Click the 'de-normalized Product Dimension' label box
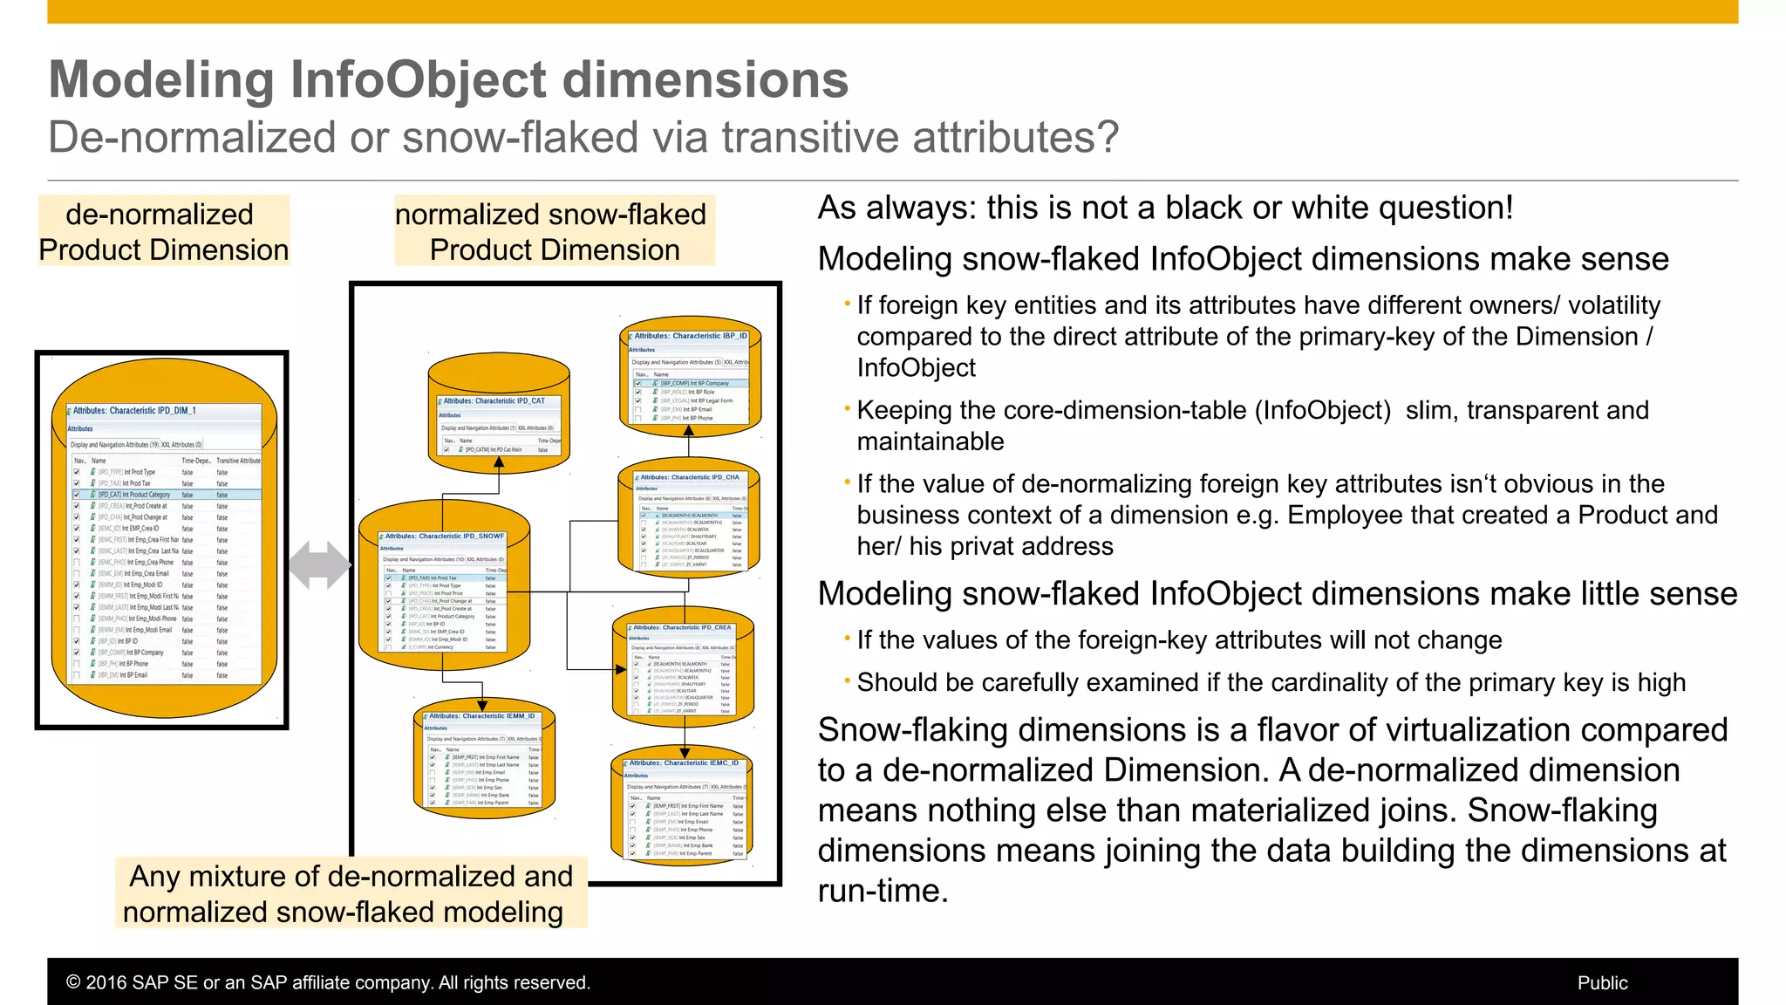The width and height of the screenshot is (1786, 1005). [163, 232]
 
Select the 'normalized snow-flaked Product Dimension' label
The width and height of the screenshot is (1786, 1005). [554, 232]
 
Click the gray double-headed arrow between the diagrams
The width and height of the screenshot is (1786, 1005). [319, 564]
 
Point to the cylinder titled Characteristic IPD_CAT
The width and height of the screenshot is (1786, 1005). [499, 414]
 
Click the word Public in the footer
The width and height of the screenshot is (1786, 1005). [1602, 983]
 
